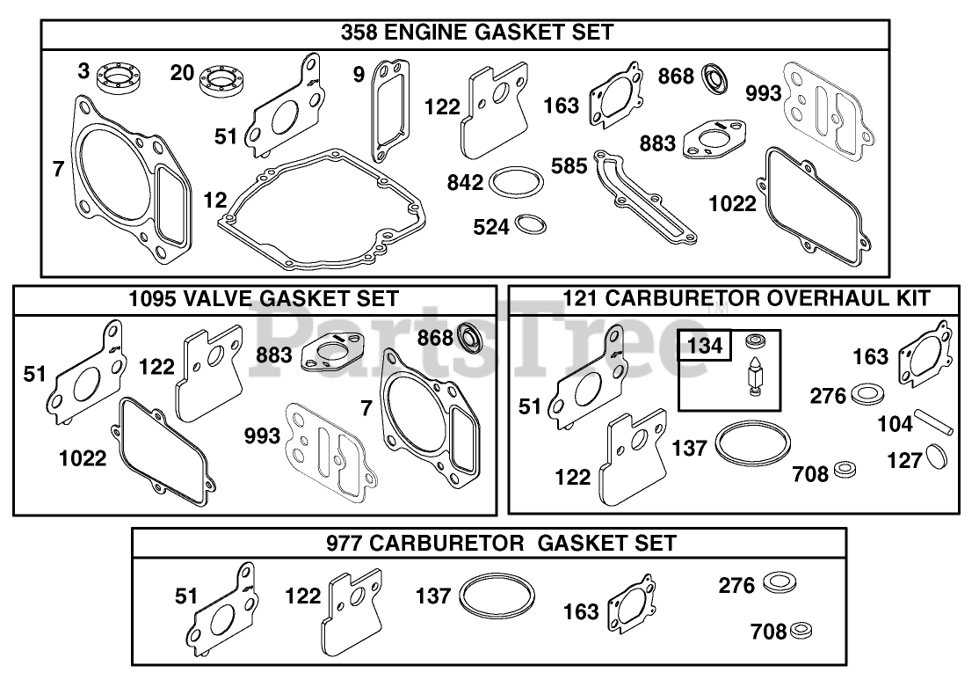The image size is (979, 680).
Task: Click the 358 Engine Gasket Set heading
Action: pos(477,33)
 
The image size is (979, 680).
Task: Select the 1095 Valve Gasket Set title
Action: pos(264,299)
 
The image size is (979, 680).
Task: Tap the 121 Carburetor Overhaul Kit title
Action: pos(747,298)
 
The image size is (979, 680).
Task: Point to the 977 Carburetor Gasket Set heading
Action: pos(501,543)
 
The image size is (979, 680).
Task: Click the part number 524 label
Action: pos(491,227)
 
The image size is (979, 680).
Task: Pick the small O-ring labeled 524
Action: pos(531,223)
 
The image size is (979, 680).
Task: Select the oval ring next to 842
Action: pos(516,182)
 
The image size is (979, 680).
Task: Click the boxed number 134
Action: pos(705,346)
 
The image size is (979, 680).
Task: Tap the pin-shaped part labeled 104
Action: pos(934,421)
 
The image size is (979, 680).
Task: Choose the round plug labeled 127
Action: pos(936,456)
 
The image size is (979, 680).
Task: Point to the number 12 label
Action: pos(214,200)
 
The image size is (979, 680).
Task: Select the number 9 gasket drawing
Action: pos(391,109)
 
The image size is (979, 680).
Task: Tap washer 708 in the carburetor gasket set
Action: pos(801,631)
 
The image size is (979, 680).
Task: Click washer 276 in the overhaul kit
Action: pos(867,394)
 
